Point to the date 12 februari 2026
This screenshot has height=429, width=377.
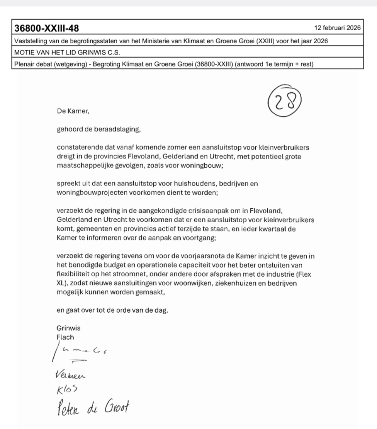click(337, 28)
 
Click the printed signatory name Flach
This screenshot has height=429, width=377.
click(65, 337)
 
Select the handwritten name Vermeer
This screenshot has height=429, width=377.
click(71, 375)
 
